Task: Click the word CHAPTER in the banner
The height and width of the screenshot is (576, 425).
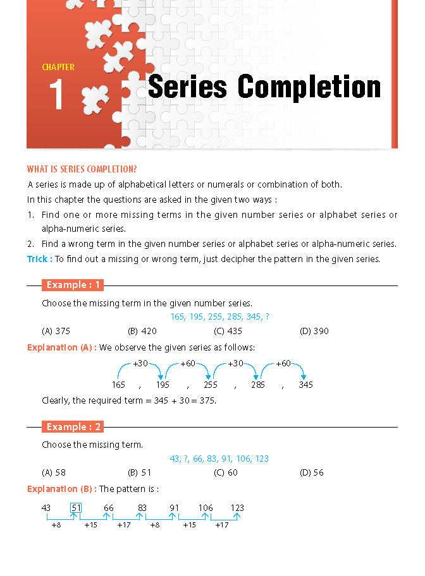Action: [x=58, y=67]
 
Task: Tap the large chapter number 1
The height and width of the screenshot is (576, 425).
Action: [x=56, y=95]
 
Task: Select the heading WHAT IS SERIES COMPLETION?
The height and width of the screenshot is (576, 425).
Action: [x=82, y=169]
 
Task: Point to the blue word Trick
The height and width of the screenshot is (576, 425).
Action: [x=39, y=259]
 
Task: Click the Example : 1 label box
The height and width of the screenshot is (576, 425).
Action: [x=73, y=285]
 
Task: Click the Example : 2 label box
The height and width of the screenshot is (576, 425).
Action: [x=73, y=427]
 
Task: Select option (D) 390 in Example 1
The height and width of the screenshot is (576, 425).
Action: [x=314, y=331]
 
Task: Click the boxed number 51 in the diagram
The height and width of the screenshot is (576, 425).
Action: [x=76, y=508]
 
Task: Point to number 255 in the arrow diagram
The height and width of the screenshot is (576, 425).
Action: [x=211, y=385]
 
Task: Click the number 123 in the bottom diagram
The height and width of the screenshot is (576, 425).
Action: [x=237, y=508]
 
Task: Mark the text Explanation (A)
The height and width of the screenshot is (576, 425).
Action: [x=61, y=347]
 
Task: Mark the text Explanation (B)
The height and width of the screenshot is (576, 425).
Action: [x=61, y=489]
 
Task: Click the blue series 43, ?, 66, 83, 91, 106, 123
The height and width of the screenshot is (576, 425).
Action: [x=219, y=459]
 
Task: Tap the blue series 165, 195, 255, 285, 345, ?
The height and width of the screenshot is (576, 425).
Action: [x=219, y=317]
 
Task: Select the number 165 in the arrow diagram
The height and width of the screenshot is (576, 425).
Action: [x=118, y=385]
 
